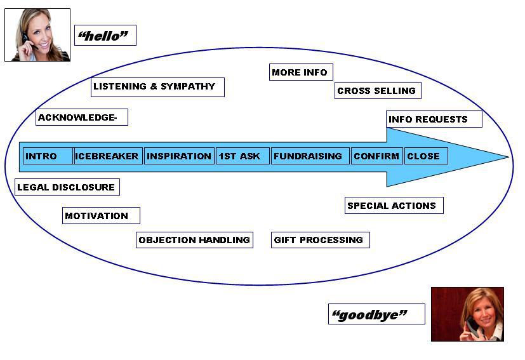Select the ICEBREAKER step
pyautogui.click(x=107, y=156)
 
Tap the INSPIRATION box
pyautogui.click(x=179, y=156)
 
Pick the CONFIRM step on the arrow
pyautogui.click(x=376, y=156)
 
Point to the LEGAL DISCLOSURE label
pyautogui.click(x=67, y=187)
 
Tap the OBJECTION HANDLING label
pyautogui.click(x=194, y=240)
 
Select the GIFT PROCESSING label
pyautogui.click(x=320, y=240)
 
